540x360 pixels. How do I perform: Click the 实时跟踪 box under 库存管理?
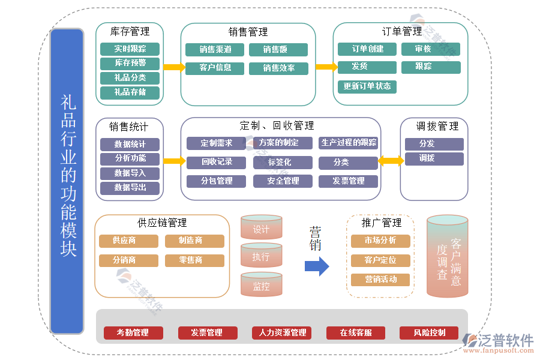[x=130, y=49]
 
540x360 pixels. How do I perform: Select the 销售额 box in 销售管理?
[x=278, y=50]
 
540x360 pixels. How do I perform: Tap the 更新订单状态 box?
[x=367, y=86]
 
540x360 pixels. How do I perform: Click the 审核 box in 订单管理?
[x=430, y=49]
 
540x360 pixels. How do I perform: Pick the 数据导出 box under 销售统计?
[x=130, y=188]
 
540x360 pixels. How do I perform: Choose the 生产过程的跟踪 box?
[x=348, y=143]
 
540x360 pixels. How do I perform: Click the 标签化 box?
[x=282, y=162]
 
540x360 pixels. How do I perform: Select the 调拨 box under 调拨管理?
[x=433, y=158]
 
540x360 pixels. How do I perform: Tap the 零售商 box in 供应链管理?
[x=194, y=260]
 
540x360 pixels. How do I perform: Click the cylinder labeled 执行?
[x=261, y=257]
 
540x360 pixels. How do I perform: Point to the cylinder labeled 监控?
[x=261, y=286]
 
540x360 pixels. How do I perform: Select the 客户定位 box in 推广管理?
[x=380, y=260]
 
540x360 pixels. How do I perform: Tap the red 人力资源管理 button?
[x=281, y=333]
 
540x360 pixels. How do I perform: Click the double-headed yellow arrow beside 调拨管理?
[x=390, y=161]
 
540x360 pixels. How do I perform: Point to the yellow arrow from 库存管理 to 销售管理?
[x=173, y=67]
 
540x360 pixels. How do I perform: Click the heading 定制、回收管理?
[x=277, y=126]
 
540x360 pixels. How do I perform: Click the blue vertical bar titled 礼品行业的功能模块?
[x=67, y=180]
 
